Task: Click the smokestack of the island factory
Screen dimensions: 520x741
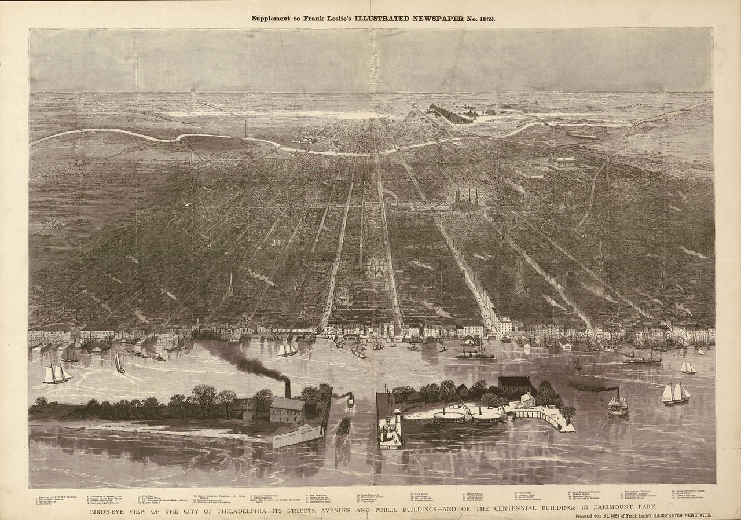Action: coord(287,389)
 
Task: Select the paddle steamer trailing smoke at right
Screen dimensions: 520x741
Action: coord(617,403)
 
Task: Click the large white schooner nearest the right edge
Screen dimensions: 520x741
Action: coord(676,394)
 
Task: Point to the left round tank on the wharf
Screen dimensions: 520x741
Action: coord(449,416)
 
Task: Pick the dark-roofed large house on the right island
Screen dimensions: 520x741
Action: coord(515,384)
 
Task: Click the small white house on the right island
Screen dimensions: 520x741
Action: coord(527,400)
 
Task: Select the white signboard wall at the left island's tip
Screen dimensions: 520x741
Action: coord(299,434)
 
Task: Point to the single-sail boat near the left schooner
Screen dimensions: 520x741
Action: coord(119,363)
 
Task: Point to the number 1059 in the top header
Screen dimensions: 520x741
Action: coord(483,19)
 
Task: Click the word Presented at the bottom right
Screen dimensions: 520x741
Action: coord(590,515)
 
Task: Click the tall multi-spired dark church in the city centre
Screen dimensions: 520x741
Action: coord(467,198)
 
